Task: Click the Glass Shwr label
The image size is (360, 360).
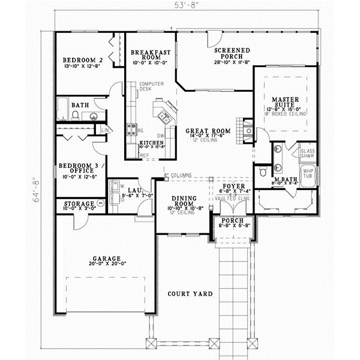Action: [x=307, y=154]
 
